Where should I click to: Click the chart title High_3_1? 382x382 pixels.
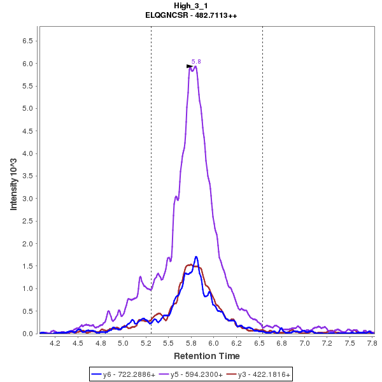[191, 6]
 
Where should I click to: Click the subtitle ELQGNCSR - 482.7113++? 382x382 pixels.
[191, 15]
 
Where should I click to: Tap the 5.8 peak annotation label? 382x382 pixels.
[196, 61]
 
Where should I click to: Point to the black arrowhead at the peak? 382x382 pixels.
[189, 66]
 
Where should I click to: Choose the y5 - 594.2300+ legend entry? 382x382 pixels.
[191, 374]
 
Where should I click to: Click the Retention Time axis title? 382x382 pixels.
[207, 356]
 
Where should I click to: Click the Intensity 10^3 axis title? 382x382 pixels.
[13, 180]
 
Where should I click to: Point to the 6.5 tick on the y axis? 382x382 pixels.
[29, 41]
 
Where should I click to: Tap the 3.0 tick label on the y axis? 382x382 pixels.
[29, 199]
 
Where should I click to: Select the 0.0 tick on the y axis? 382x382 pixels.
[29, 334]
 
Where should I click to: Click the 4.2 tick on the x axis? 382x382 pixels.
[55, 343]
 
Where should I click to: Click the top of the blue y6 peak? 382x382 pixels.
[196, 257]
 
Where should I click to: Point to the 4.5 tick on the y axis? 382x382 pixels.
[29, 131]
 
